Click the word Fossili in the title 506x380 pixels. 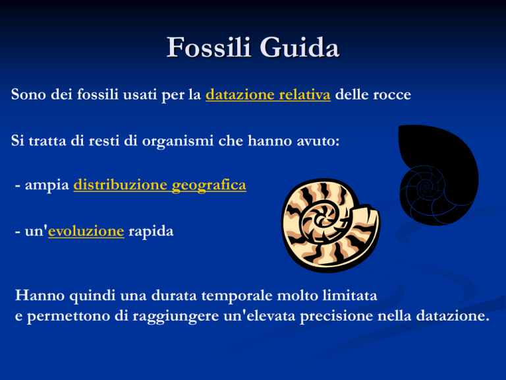click(x=209, y=47)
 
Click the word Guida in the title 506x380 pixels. click(x=300, y=47)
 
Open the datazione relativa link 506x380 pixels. click(x=268, y=94)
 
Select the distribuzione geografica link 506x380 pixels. click(x=159, y=185)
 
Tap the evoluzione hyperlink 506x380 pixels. click(x=86, y=231)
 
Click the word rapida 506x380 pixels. click(x=151, y=232)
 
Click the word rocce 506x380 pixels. click(x=392, y=95)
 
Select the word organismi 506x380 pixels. click(x=178, y=141)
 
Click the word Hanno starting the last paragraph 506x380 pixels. click(x=40, y=295)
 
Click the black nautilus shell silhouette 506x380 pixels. click(x=439, y=174)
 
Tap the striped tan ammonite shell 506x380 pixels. click(x=331, y=226)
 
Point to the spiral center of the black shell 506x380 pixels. click(x=425, y=187)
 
